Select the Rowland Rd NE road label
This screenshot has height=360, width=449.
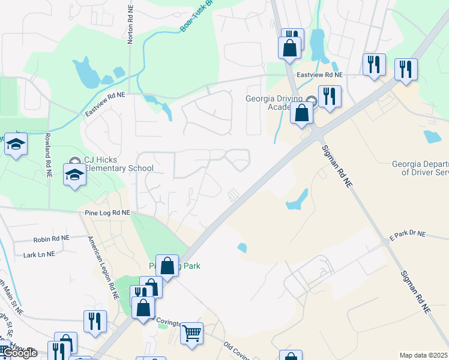[47, 155]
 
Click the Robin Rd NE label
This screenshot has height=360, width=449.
[52, 238]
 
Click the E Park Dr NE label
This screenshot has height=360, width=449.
[407, 234]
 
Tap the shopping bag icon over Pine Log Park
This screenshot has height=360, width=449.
[167, 265]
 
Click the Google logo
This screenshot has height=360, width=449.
[19, 353]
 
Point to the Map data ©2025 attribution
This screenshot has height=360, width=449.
[424, 355]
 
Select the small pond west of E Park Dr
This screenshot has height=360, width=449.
[242, 247]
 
